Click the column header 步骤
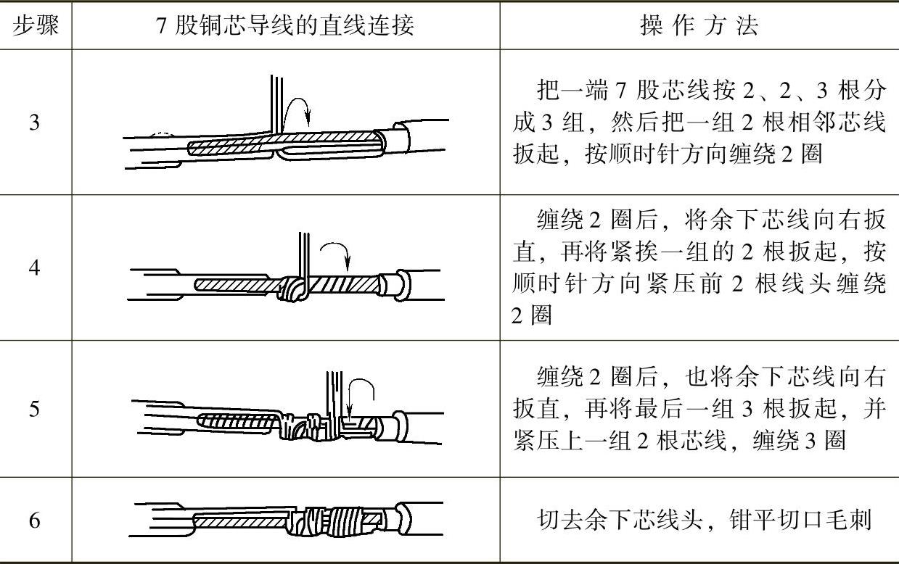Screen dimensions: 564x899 36,25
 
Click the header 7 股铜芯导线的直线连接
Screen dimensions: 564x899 285,25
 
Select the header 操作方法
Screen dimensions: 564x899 699,25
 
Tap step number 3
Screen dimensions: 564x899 35,123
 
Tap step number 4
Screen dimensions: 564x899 35,268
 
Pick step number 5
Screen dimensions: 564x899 35,409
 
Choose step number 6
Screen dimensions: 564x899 35,521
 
